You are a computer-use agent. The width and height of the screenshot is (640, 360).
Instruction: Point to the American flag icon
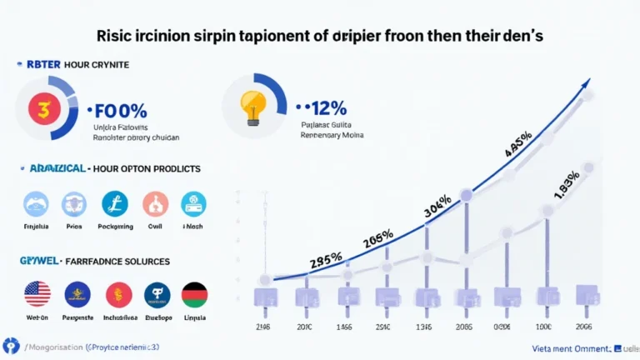click(x=37, y=294)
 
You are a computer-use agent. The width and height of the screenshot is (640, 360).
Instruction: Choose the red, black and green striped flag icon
click(x=194, y=294)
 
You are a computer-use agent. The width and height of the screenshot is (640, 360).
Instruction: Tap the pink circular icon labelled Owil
click(x=155, y=204)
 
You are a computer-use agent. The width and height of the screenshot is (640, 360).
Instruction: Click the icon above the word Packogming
click(x=114, y=204)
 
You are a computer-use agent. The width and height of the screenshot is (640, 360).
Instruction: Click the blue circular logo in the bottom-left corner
click(x=12, y=345)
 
